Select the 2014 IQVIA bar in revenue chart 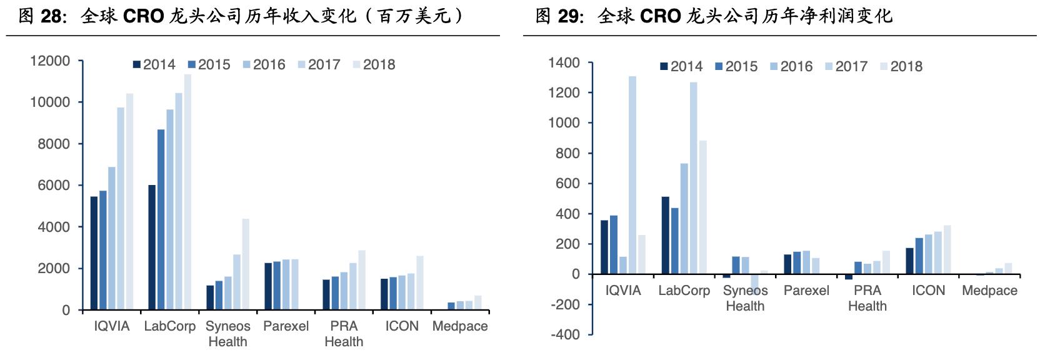94,253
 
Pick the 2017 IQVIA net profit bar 632,175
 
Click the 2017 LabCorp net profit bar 694,178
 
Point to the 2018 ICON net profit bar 947,250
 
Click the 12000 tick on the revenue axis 50,61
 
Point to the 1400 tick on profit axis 564,63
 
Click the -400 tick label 565,335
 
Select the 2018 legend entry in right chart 901,66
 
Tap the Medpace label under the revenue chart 460,326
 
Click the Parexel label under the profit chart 806,291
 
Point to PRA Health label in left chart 344,334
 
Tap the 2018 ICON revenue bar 420,282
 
